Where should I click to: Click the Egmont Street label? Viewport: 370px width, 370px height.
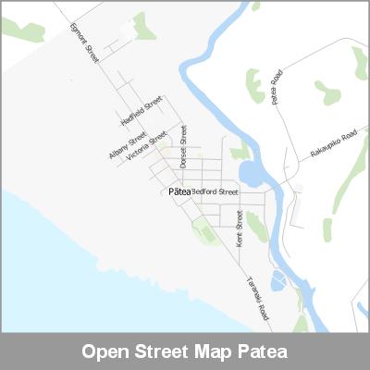pos(83,41)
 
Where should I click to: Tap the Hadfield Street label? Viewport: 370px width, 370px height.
pos(141,110)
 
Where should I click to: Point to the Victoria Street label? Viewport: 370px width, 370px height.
pos(146,146)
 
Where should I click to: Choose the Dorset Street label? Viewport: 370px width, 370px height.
pos(184,146)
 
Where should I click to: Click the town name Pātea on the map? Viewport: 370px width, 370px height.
pos(179,191)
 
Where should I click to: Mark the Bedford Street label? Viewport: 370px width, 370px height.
pos(215,191)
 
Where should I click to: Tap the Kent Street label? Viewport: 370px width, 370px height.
pos(240,227)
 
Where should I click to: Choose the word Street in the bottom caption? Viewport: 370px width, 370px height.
pos(168,351)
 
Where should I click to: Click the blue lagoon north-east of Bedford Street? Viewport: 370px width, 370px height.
pos(251,173)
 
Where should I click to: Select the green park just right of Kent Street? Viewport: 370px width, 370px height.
pos(255,225)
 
